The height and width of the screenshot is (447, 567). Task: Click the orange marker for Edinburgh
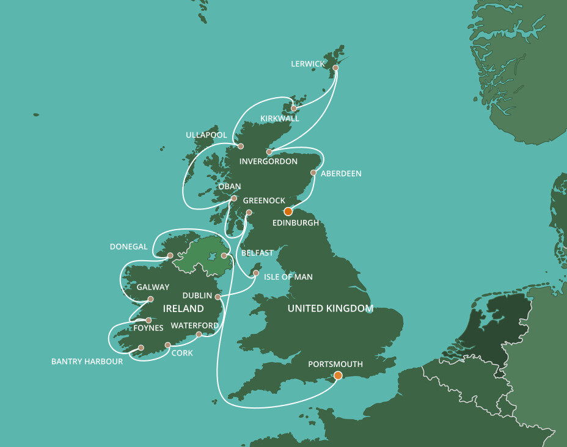288,211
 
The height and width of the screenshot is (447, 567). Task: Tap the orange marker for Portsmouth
338,375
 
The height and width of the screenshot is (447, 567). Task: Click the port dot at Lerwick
335,68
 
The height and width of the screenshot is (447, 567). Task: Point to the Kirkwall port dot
293,109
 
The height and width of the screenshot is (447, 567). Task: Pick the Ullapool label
207,135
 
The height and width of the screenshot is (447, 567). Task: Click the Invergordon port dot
269,152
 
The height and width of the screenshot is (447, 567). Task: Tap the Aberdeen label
341,173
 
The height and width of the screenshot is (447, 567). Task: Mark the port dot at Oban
233,198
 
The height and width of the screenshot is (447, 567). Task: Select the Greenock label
264,200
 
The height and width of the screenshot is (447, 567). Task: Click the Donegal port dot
170,256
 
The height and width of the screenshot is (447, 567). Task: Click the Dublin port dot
218,297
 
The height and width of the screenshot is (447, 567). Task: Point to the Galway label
153,287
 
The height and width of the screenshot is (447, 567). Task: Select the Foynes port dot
148,320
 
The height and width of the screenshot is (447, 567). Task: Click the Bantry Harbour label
87,362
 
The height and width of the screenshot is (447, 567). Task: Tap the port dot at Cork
167,345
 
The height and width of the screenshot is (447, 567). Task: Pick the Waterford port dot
199,334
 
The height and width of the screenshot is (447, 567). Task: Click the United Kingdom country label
330,308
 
